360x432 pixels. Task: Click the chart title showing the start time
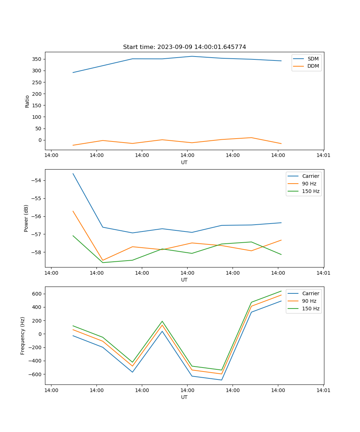[184, 47]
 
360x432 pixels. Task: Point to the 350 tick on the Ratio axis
[38, 59]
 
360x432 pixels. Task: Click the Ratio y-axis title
[27, 101]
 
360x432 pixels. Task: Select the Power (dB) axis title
[26, 218]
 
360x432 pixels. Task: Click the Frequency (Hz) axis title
[23, 336]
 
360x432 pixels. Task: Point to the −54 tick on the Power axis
[37, 180]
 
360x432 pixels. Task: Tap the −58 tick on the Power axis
[37, 252]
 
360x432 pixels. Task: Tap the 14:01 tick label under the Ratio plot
[323, 155]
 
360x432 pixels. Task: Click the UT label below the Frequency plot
[184, 397]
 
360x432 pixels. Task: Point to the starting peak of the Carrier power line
[73, 174]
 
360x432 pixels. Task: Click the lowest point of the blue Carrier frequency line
[221, 380]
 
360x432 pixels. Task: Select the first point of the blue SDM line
[73, 72]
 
